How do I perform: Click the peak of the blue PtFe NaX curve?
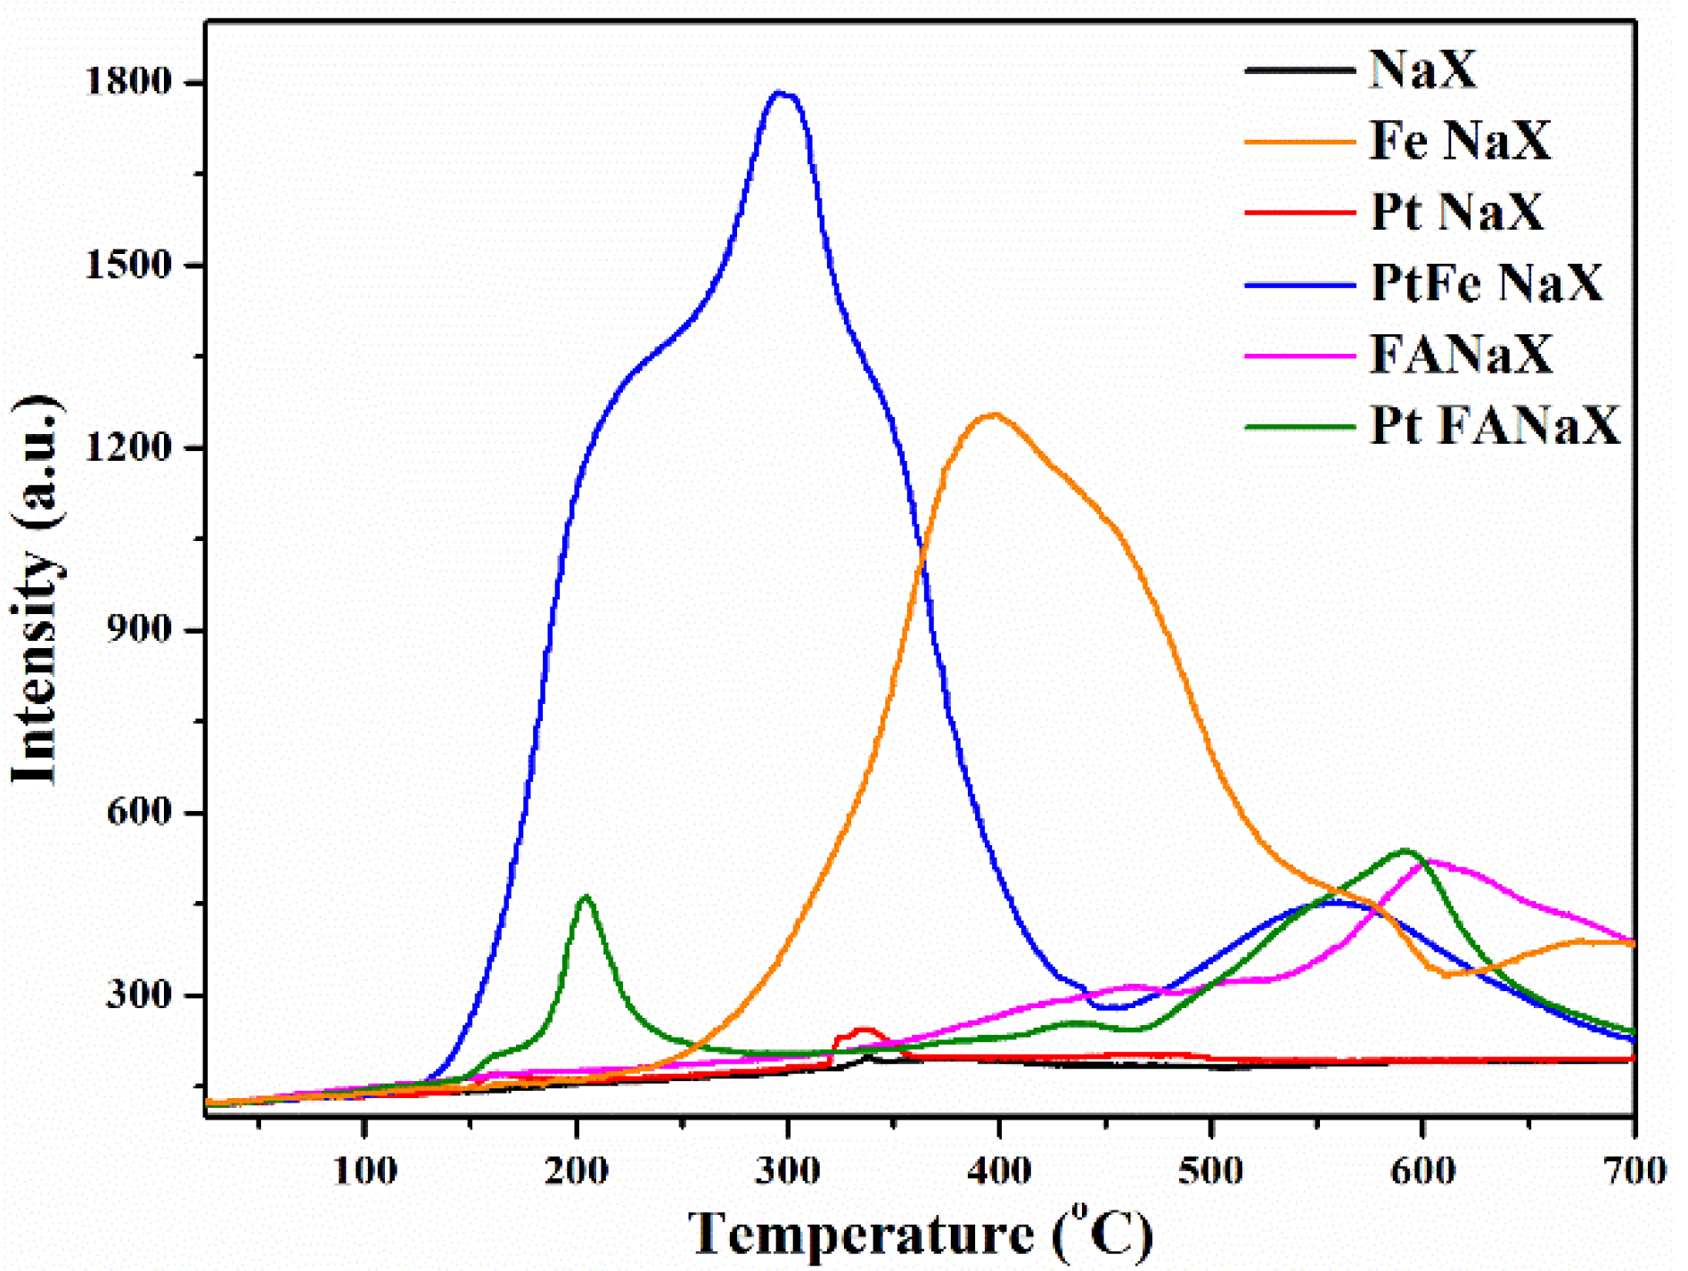point(781,93)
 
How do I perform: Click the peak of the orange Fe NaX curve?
point(993,414)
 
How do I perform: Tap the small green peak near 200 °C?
point(586,898)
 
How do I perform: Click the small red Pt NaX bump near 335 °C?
point(863,1030)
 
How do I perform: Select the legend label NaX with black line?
point(1422,68)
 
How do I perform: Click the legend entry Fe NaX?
point(1460,140)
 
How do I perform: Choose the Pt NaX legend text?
point(1456,211)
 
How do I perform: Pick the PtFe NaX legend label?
point(1486,283)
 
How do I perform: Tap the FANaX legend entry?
point(1461,354)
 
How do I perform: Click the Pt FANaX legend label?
point(1494,425)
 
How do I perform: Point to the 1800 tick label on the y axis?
point(128,82)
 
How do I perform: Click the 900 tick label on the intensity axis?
point(140,630)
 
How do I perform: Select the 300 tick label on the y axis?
point(140,995)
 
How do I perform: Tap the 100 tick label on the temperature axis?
point(365,1170)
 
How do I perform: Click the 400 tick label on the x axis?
point(999,1170)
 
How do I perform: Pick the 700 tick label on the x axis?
point(1635,1170)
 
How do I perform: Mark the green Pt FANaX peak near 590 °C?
point(1405,850)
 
